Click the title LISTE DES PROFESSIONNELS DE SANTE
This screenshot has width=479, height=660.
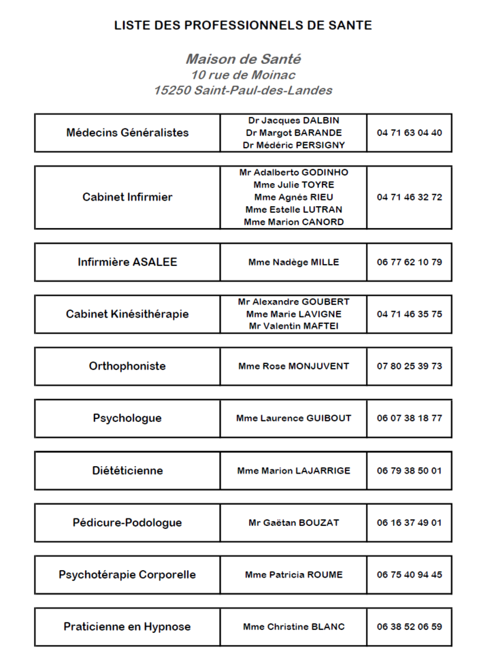(243, 26)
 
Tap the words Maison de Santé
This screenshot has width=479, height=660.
(243, 60)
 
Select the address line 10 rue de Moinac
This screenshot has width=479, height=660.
(243, 75)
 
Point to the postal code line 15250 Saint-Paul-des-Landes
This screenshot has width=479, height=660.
(243, 90)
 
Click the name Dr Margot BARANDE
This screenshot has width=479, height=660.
(293, 133)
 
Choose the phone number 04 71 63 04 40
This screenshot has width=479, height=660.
(409, 133)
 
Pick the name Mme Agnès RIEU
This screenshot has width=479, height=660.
(293, 197)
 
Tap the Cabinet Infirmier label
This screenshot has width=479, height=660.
(127, 197)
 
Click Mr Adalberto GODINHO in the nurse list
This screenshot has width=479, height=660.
(293, 172)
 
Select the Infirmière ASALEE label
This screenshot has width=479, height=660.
(127, 262)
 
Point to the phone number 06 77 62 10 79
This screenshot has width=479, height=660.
(409, 262)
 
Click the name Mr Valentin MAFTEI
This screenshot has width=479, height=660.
(293, 327)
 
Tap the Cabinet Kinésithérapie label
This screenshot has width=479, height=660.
(127, 314)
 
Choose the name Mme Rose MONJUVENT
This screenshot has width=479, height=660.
(293, 366)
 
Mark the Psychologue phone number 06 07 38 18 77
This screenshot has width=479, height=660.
(409, 418)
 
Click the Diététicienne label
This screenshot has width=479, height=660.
(127, 471)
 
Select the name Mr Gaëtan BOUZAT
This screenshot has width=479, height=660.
(293, 523)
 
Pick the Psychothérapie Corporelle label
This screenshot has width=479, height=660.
(127, 575)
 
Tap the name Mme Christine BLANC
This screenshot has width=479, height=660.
(293, 627)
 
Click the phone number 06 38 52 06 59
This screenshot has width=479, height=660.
(409, 627)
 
